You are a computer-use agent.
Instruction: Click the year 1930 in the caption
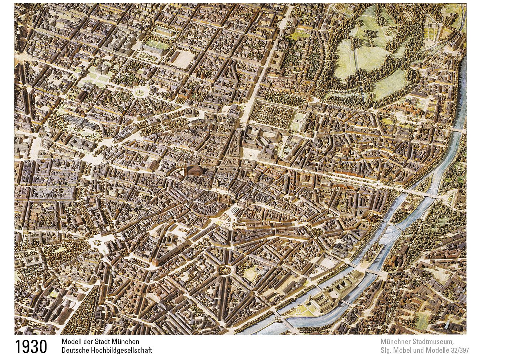[x=31, y=347]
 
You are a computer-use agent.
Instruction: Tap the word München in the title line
[x=126, y=341]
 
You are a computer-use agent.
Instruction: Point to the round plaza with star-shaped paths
[x=139, y=93]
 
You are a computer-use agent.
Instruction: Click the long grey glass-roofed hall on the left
[x=82, y=123]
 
